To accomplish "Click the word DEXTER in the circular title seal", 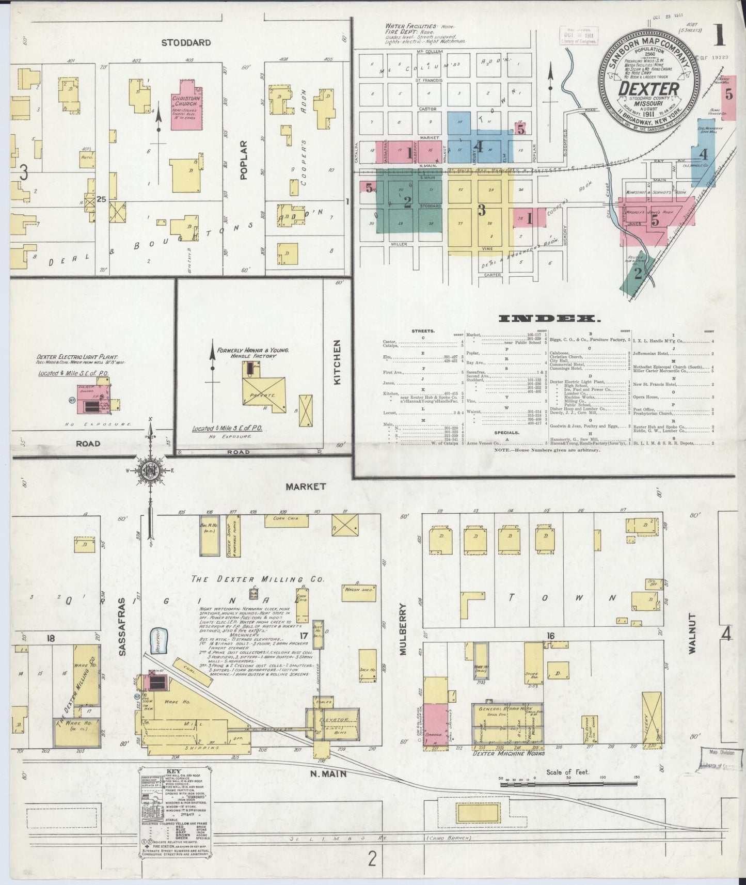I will [x=649, y=89].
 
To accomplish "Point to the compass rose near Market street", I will [x=150, y=470].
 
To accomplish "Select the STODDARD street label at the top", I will [x=186, y=42].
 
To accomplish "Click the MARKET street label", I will [x=306, y=486].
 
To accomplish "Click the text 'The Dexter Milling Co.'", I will [x=258, y=579].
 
